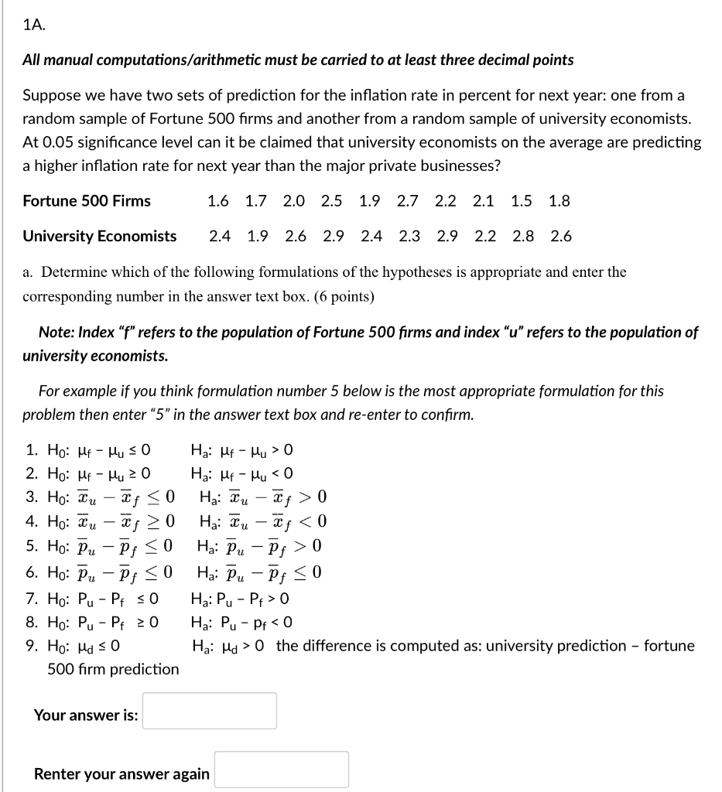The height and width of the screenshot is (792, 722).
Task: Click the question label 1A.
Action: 34,24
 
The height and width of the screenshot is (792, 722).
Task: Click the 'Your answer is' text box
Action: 210,711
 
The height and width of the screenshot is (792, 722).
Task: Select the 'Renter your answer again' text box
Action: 281,770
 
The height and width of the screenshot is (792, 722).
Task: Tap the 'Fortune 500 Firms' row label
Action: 87,201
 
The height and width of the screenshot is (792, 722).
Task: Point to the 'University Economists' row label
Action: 100,237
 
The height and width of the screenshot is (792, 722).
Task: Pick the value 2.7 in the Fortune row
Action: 407,201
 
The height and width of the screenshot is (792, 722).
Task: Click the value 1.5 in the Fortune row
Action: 522,201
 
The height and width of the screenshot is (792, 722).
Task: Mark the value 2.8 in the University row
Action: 523,237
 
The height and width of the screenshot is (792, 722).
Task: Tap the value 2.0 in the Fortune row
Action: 293,201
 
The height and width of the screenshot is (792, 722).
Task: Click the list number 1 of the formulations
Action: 31,451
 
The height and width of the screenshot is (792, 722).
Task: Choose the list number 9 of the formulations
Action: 31,646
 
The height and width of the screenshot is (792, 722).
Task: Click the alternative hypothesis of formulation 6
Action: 255,573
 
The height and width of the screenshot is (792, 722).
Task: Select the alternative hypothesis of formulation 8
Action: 241,623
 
